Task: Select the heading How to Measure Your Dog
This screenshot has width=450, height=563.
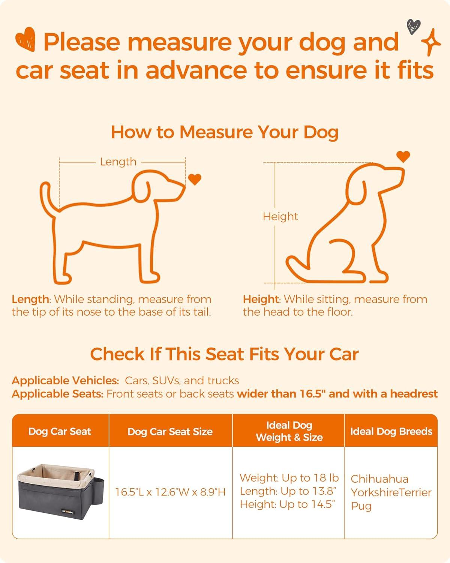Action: coord(225,132)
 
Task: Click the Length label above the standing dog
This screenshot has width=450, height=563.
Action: coord(118,162)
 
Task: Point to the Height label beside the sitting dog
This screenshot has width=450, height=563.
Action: coord(280,217)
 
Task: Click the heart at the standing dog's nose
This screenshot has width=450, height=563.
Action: coord(195,179)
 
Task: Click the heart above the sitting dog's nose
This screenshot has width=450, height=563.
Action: coord(403,157)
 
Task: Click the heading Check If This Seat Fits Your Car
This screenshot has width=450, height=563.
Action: coord(224,354)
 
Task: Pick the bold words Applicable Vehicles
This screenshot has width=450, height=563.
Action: coord(65,381)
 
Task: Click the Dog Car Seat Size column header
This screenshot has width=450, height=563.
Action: coord(170,432)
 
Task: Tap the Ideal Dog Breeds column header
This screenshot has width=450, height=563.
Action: coord(391,431)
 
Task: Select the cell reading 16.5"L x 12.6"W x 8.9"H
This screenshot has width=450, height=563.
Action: coord(170,492)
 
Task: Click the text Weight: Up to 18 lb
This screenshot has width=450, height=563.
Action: coord(289,478)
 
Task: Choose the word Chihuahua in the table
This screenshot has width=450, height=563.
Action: coord(379,479)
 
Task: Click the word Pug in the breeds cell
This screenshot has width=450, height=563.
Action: coord(361,506)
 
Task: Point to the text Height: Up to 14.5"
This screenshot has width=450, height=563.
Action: coord(287,504)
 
